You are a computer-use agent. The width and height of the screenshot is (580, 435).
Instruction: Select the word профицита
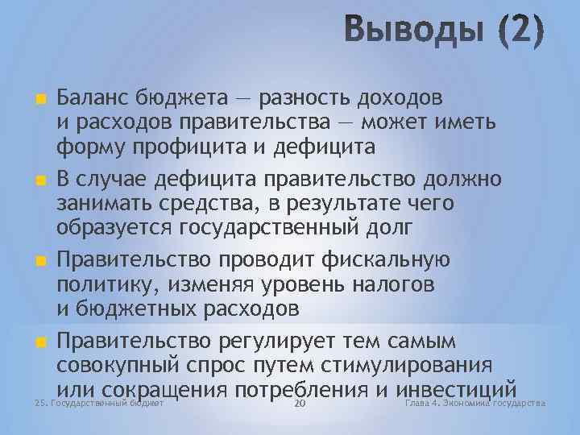pos(191,147)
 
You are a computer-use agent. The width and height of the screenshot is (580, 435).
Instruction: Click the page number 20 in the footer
pos(300,403)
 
